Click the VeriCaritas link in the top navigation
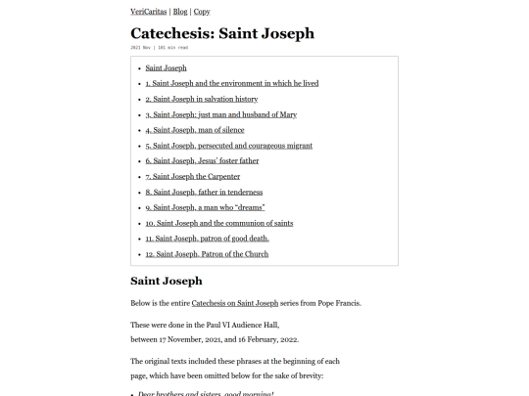pyautogui.click(x=149, y=12)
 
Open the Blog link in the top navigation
pyautogui.click(x=179, y=12)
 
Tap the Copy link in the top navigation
pyautogui.click(x=202, y=12)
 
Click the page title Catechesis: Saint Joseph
pyautogui.click(x=222, y=33)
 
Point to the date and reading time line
pyautogui.click(x=159, y=47)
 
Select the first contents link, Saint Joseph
pyautogui.click(x=166, y=67)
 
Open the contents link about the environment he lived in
pyautogui.click(x=231, y=83)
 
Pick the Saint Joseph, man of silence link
pyautogui.click(x=195, y=130)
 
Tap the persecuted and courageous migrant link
pyautogui.click(x=228, y=146)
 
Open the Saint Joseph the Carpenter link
pyautogui.click(x=192, y=177)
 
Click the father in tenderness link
pyautogui.click(x=204, y=192)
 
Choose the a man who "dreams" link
pyautogui.click(x=210, y=207)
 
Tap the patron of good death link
pyautogui.click(x=207, y=239)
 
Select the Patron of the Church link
pyautogui.click(x=207, y=254)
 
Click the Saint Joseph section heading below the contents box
pyautogui.click(x=167, y=281)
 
